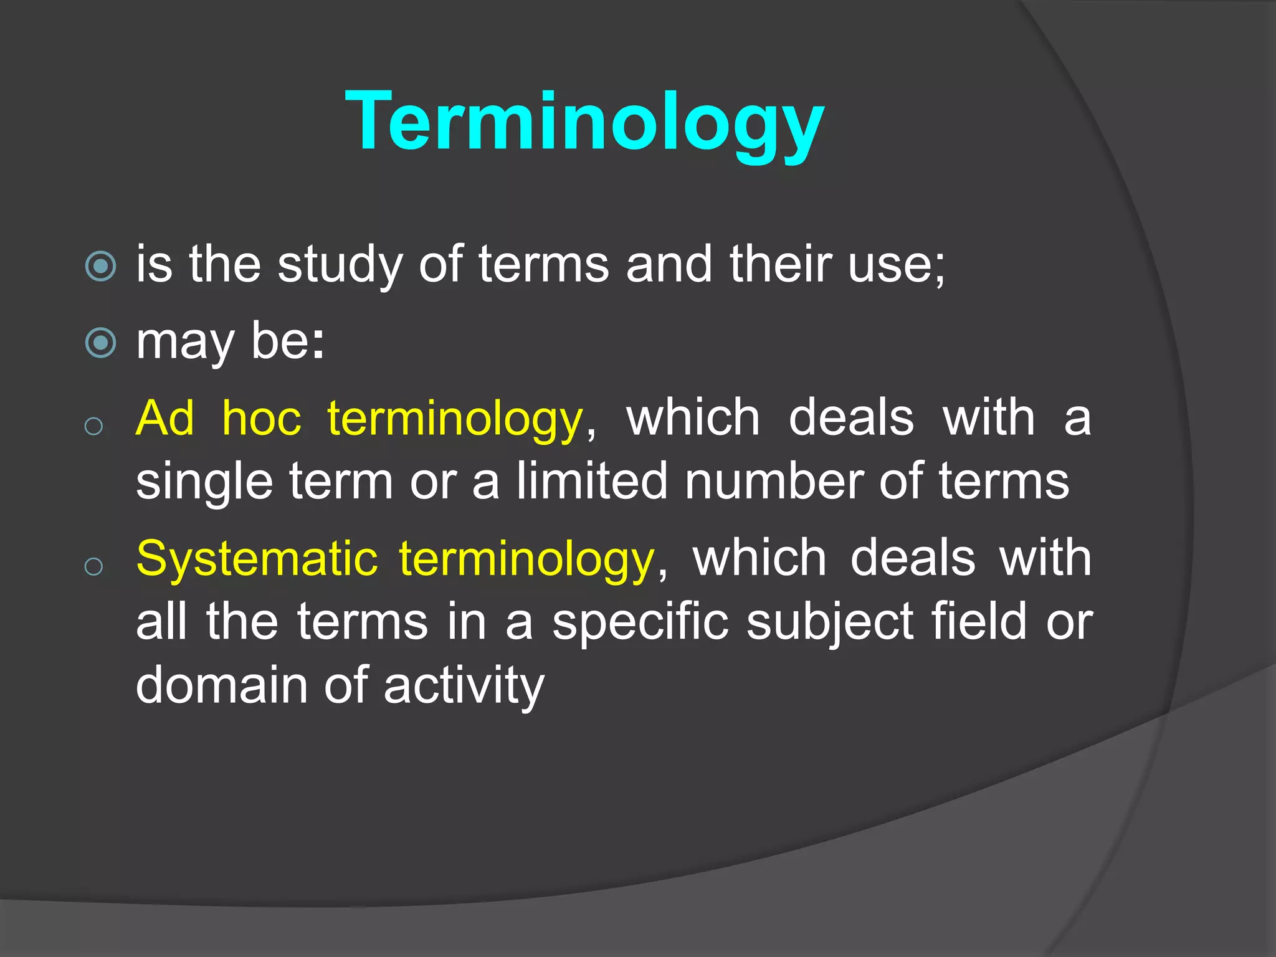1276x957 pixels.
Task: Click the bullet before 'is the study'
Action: (100, 267)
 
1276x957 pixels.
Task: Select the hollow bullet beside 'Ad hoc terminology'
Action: (93, 427)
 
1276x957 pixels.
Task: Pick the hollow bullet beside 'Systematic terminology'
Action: (93, 566)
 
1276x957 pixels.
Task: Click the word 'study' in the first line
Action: (340, 265)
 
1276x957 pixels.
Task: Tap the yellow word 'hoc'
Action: (262, 418)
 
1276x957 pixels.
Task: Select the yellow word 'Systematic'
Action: (257, 558)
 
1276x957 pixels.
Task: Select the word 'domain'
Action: (222, 685)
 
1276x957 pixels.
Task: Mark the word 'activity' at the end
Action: (464, 686)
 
